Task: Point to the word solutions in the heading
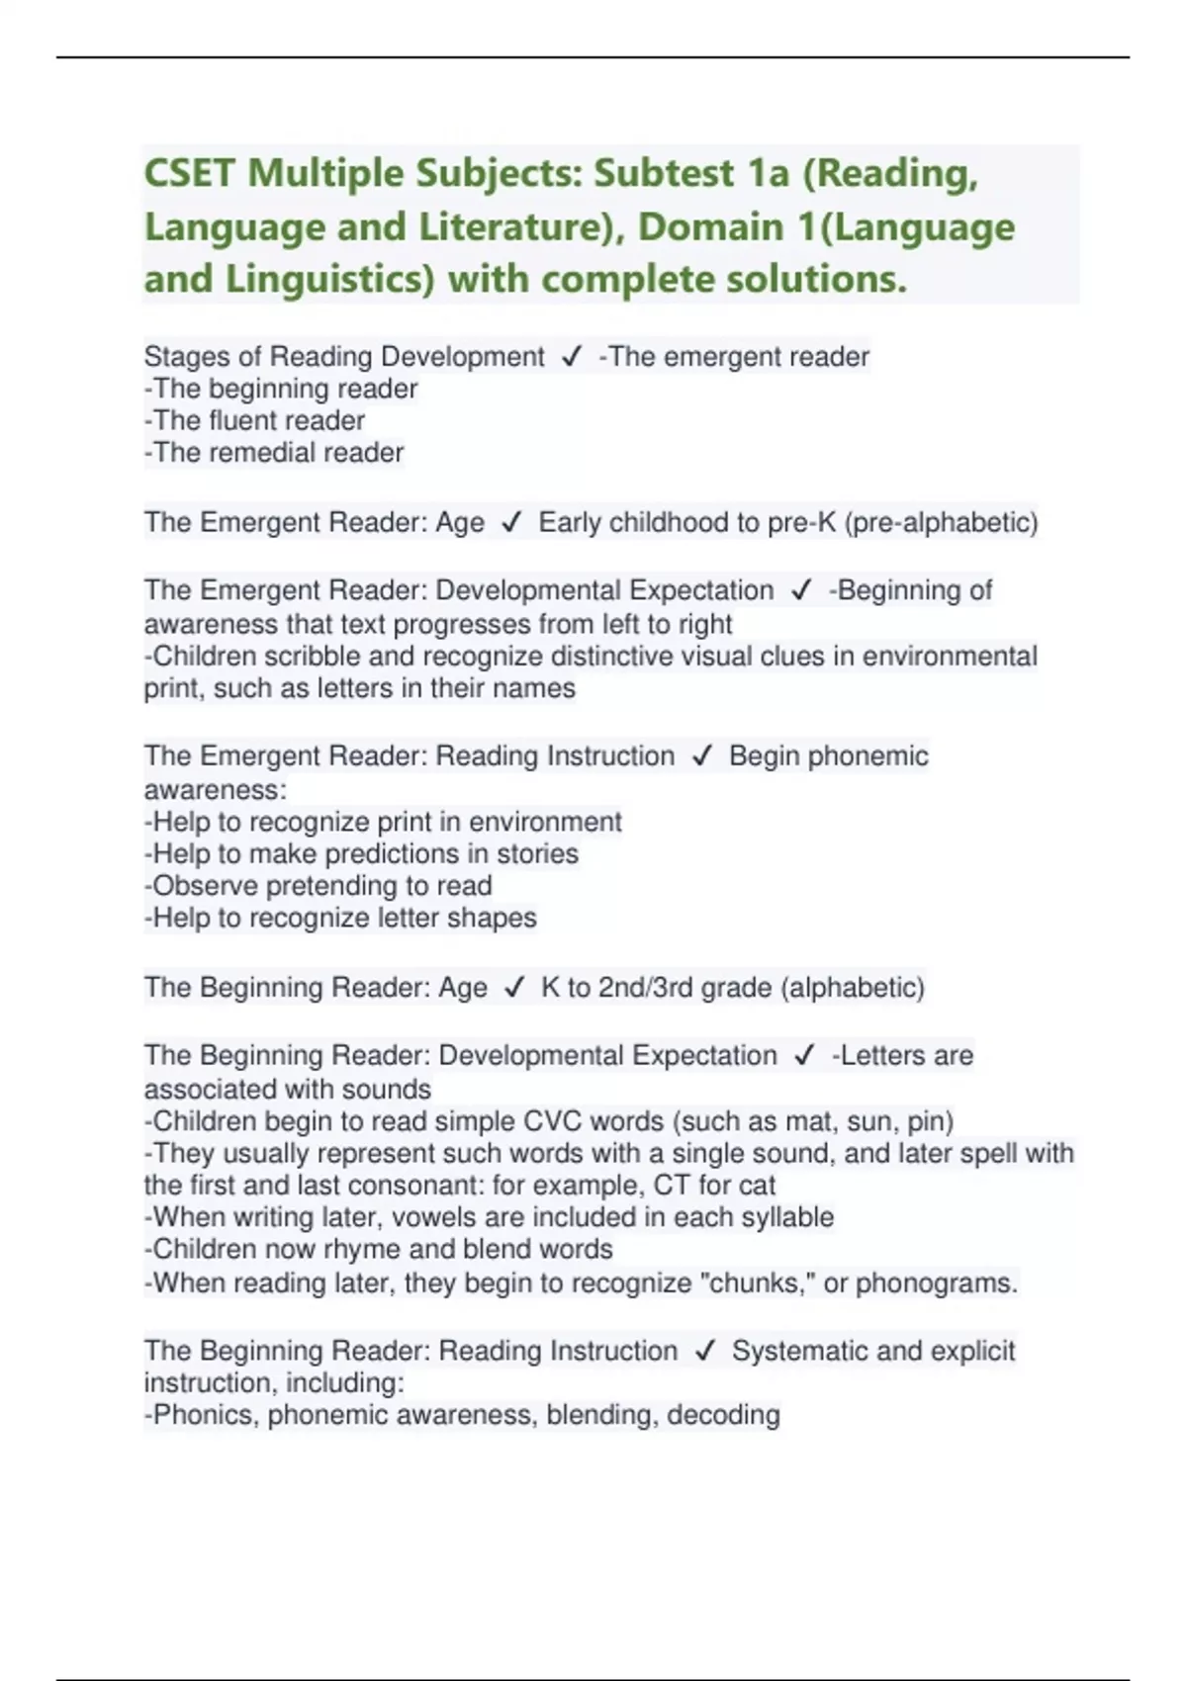tap(816, 280)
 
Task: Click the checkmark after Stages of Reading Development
tap(571, 356)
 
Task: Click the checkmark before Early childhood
tap(511, 522)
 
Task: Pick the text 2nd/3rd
tap(646, 987)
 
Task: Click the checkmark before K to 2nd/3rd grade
tap(514, 987)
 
